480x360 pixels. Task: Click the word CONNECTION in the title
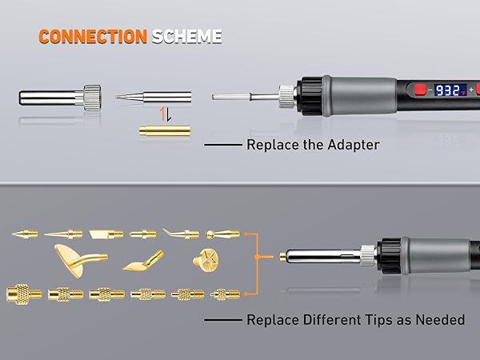[92, 37]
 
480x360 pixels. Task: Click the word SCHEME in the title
[185, 37]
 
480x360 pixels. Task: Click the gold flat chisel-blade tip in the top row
[106, 234]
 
